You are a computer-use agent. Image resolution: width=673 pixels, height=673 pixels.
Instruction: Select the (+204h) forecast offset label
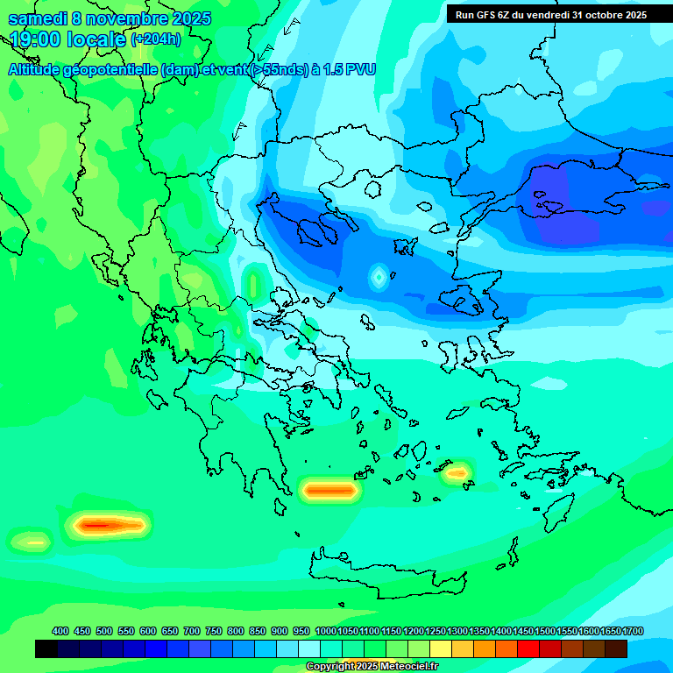pyautogui.click(x=156, y=39)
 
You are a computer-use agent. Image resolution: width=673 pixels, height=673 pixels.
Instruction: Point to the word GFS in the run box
pyautogui.click(x=483, y=15)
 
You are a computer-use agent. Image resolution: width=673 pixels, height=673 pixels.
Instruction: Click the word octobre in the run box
pyautogui.click(x=598, y=15)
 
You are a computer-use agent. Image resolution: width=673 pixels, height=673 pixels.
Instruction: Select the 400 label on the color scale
pyautogui.click(x=60, y=631)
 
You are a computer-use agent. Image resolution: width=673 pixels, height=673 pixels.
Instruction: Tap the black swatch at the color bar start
pyautogui.click(x=46, y=648)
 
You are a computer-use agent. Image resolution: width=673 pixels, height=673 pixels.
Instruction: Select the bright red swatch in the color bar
pyautogui.click(x=528, y=648)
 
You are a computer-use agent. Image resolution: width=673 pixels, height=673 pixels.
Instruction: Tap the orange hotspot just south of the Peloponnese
pyautogui.click(x=329, y=491)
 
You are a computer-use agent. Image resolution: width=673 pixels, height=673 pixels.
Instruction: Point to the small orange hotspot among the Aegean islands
pyautogui.click(x=457, y=473)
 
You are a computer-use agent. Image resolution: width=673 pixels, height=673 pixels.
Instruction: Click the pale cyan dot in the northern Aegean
pyautogui.click(x=378, y=277)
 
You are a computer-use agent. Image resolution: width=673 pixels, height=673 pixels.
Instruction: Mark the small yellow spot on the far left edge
pyautogui.click(x=33, y=542)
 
